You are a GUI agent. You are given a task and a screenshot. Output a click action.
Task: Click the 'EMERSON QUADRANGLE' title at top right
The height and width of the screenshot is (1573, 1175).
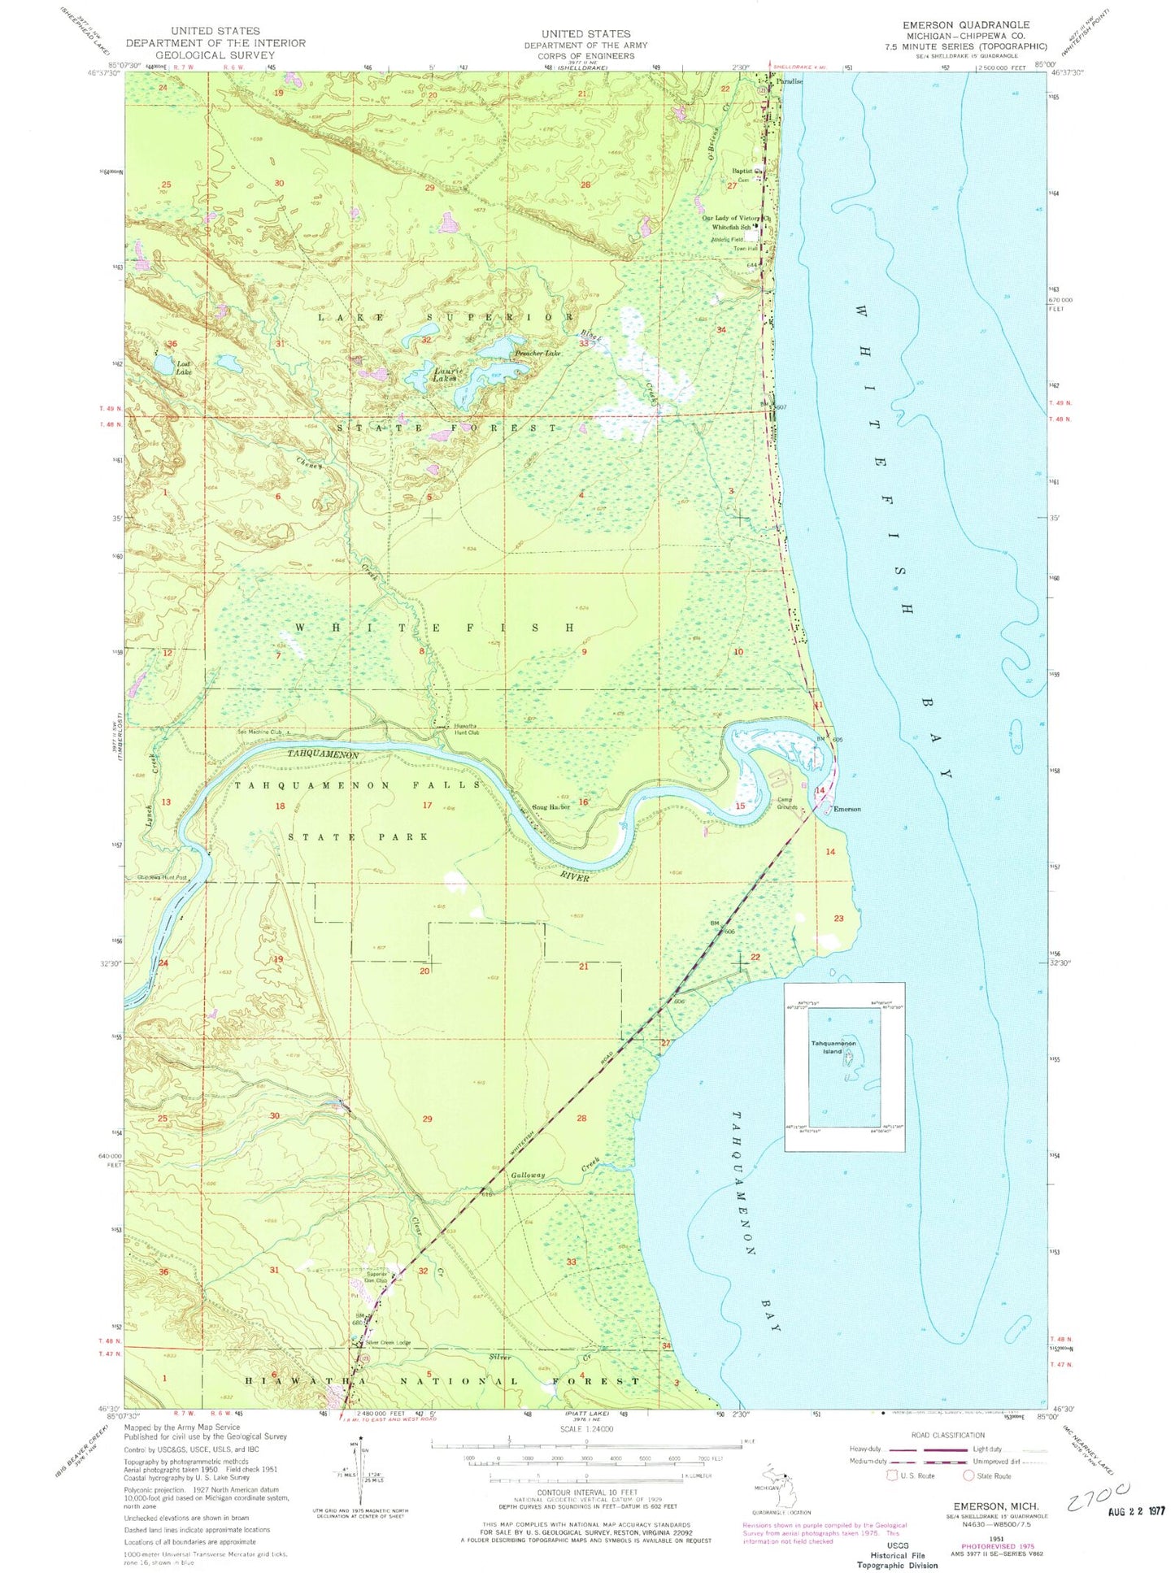(x=965, y=25)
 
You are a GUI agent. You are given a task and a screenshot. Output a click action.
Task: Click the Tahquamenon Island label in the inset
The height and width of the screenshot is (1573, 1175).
(x=832, y=1047)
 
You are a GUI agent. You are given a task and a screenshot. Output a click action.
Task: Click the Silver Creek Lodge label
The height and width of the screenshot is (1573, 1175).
(x=388, y=1342)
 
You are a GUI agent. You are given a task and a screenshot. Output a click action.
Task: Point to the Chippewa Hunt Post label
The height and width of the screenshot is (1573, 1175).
(x=162, y=877)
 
